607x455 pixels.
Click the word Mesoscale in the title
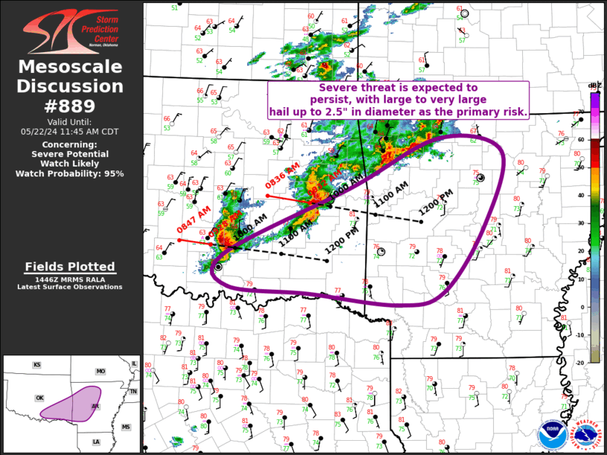pyautogui.click(x=71, y=68)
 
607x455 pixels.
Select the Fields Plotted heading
pyautogui.click(x=70, y=266)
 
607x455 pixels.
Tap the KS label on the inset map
pyautogui.click(x=36, y=365)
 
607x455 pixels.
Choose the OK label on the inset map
pyautogui.click(x=39, y=398)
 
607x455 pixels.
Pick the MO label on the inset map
pyautogui.click(x=100, y=370)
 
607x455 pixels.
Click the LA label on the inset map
pyautogui.click(x=96, y=442)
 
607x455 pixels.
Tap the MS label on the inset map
pyautogui.click(x=126, y=427)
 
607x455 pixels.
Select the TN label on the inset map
pyautogui.click(x=134, y=392)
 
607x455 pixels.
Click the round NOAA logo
pyautogui.click(x=551, y=434)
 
